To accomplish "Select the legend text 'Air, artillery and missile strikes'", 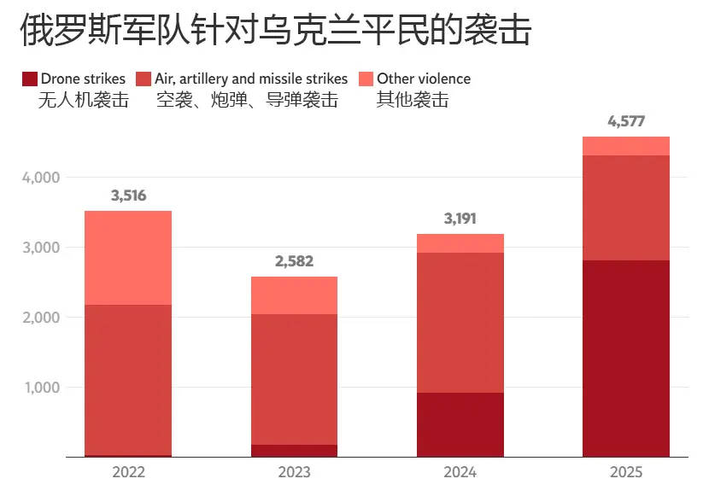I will (x=251, y=79).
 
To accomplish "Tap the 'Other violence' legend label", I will (x=424, y=79).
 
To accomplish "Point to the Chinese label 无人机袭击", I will (x=84, y=100).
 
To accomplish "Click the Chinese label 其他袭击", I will (x=413, y=100).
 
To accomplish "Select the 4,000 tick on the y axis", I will (x=40, y=178).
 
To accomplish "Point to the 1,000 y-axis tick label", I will (x=40, y=388).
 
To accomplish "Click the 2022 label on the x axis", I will (x=128, y=472).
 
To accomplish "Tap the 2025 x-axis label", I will (x=626, y=472).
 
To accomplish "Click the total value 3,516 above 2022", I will (x=128, y=196).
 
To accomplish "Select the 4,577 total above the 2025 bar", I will (x=626, y=121).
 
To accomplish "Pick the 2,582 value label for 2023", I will (x=294, y=261).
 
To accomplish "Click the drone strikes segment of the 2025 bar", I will (x=626, y=359).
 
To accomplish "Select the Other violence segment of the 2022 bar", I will (x=128, y=258).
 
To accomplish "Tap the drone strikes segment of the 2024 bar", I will (x=460, y=424).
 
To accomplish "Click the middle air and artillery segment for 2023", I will (x=294, y=379).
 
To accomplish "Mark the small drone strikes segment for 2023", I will (x=294, y=451).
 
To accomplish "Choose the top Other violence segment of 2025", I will (x=626, y=146).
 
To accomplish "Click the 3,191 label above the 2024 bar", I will (x=460, y=219).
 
